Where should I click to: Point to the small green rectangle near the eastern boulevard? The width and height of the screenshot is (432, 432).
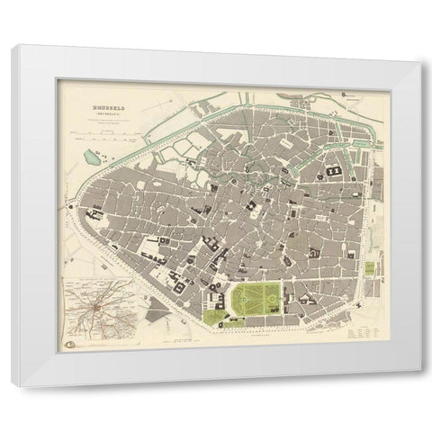369,270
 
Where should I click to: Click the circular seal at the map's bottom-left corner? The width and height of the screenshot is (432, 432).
69,342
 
